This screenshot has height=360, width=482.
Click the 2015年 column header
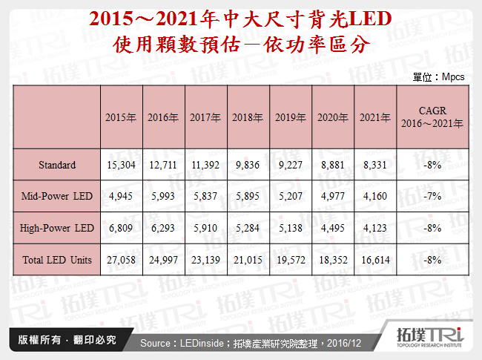[x=120, y=117]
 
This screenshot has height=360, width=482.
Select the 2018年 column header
[x=248, y=117]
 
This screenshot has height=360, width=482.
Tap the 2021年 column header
[x=375, y=117]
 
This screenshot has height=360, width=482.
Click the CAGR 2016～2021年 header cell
[x=431, y=117]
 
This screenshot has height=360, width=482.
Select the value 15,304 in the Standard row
[x=120, y=165]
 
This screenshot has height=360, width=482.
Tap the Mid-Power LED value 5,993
[x=162, y=196]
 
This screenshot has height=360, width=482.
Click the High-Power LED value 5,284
[x=248, y=228]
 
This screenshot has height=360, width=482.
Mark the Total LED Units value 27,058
[x=120, y=260]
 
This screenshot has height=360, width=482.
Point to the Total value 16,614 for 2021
[x=375, y=260]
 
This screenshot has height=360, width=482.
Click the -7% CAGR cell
[x=431, y=196]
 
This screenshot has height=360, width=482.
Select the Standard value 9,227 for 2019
[x=290, y=165]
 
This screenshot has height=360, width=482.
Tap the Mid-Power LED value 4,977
[x=333, y=196]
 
